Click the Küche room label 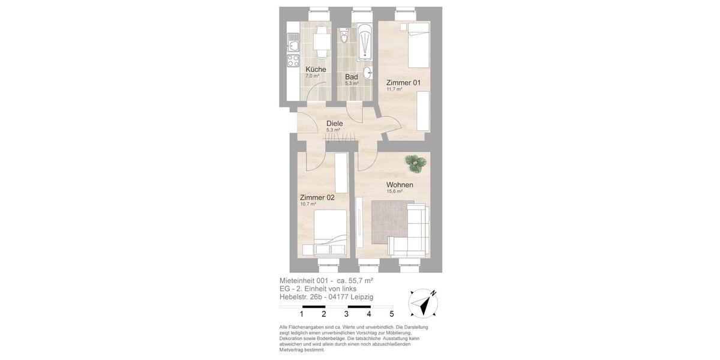coord(316,69)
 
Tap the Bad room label coord(351,77)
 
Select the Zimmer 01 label coord(403,82)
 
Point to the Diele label coord(334,123)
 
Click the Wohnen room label coord(399,185)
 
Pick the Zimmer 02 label coord(317,197)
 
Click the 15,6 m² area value coord(394,192)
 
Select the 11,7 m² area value coord(394,89)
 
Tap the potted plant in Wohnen coord(413,161)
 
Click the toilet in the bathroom coord(344,38)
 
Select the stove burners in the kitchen coord(293,60)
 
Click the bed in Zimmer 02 coord(329,234)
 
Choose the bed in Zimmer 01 coord(418,45)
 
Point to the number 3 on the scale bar coord(346,314)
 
